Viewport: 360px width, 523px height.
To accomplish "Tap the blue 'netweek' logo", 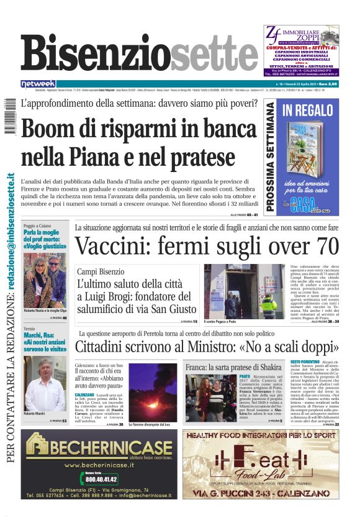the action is coord(38,84).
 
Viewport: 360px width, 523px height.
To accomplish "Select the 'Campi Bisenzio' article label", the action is coord(98,271).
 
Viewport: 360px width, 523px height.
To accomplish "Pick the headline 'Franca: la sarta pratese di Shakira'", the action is coord(234,367).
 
